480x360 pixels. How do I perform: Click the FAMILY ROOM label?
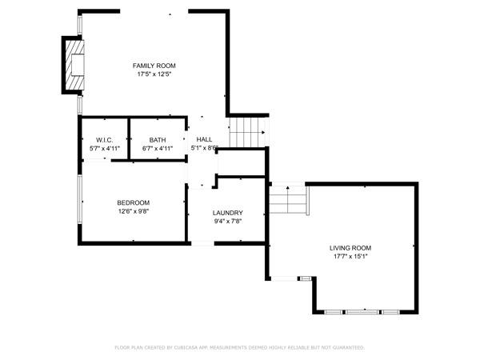click(154, 66)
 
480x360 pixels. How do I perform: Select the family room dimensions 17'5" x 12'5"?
click(154, 74)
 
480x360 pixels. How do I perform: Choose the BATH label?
click(157, 140)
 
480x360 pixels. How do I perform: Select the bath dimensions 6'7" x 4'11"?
click(157, 148)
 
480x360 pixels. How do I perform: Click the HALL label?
click(204, 139)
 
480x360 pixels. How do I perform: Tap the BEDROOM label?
click(133, 202)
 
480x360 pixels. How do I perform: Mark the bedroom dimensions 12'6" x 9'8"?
click(133, 211)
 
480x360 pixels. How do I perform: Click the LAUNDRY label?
click(227, 213)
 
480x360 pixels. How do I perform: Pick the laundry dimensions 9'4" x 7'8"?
click(227, 222)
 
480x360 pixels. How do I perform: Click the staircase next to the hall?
click(246, 133)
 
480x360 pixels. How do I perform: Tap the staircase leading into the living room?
click(287, 200)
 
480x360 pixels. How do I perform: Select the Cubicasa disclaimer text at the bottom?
click(239, 348)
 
